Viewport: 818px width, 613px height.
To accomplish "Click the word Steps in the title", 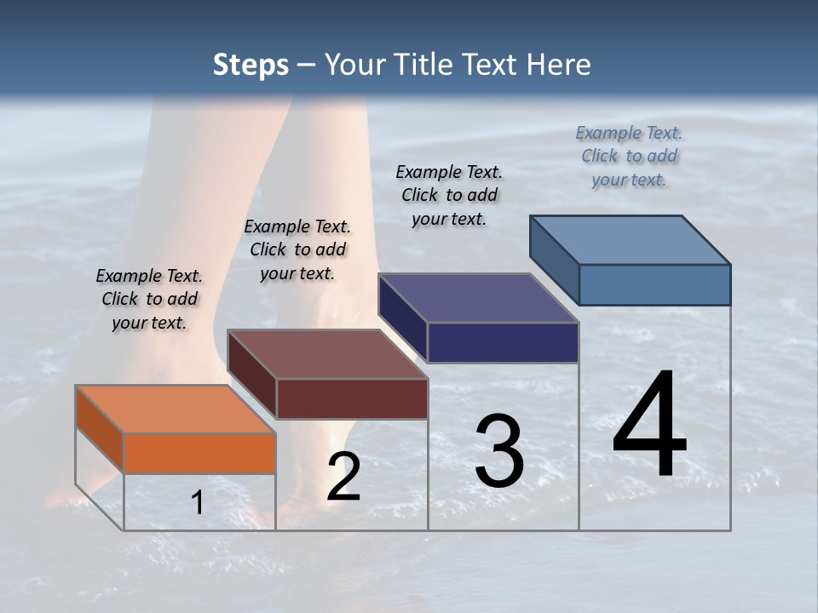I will click(251, 65).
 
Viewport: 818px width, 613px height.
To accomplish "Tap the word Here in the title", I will click(560, 65).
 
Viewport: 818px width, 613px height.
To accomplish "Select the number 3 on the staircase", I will click(499, 451).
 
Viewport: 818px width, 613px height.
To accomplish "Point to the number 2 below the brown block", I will click(343, 477).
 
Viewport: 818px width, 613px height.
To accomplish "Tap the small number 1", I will click(198, 503).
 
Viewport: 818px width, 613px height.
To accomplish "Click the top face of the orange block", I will click(175, 409).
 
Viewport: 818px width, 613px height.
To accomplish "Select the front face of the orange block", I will click(199, 453).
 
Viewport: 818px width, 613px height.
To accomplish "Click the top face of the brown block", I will click(326, 353).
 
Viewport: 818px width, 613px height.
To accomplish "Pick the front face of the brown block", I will click(352, 398).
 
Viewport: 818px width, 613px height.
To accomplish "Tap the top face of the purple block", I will click(478, 298).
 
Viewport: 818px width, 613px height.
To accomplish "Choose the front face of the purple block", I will click(503, 342).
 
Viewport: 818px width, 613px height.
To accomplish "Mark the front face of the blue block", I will click(654, 284).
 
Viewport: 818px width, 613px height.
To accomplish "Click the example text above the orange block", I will click(149, 300).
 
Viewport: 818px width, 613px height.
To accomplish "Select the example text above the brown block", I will click(297, 250).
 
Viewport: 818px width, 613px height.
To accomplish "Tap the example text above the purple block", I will click(449, 195).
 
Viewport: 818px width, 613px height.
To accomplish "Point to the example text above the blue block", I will click(629, 156).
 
